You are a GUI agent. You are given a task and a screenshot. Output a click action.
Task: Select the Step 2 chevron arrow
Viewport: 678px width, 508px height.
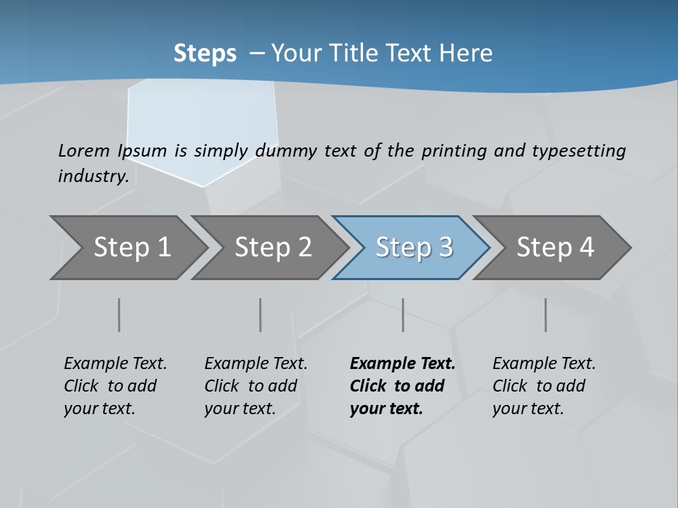273,248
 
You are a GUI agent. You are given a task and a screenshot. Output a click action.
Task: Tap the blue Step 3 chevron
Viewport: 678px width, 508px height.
414,248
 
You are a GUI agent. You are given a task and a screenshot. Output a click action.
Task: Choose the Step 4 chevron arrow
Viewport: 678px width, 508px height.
555,248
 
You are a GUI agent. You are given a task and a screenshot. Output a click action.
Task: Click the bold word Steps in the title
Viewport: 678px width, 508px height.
205,53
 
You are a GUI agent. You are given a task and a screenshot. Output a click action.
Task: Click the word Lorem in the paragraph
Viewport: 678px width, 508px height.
83,150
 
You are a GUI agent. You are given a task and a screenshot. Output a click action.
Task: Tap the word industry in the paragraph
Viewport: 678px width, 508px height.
93,176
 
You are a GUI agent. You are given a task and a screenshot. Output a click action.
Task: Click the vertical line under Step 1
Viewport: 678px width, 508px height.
119,315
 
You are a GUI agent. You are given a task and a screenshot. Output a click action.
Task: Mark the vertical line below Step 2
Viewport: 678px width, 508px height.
261,315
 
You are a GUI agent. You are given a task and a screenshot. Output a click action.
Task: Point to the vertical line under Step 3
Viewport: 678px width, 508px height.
403,315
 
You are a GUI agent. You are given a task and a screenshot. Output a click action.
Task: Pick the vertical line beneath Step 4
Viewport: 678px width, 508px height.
545,315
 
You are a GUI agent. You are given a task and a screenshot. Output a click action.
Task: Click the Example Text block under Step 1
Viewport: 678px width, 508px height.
115,386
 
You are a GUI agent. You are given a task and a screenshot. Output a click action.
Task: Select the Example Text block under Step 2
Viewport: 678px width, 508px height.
256,386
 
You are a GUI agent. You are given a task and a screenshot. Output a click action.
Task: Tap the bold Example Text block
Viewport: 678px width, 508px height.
402,386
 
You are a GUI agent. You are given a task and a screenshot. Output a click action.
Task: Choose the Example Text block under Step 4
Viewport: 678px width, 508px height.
544,386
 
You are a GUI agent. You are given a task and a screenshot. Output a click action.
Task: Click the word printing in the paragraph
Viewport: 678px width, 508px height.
448,151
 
